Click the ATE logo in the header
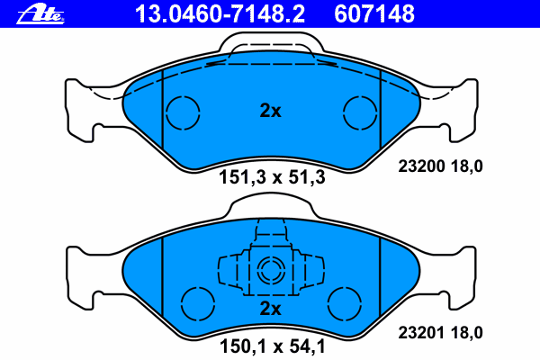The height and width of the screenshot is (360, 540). (40, 14)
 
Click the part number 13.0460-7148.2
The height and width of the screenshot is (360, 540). (220, 14)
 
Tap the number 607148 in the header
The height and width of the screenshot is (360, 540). (374, 14)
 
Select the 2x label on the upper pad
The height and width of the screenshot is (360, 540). (270, 111)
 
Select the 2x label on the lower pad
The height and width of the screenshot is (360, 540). (270, 309)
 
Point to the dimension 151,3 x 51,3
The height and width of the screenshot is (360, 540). (272, 178)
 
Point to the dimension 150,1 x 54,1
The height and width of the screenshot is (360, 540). (272, 346)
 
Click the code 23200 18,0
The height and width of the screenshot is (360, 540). (440, 166)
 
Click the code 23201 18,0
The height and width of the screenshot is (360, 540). (440, 333)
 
